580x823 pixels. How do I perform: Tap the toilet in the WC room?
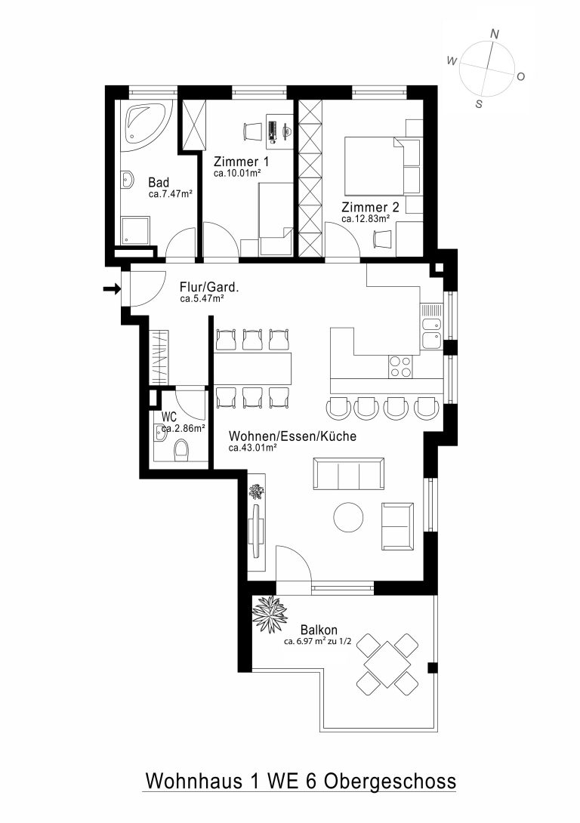click(181, 451)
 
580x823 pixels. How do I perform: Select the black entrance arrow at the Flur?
click(112, 288)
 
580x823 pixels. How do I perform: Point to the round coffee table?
click(348, 517)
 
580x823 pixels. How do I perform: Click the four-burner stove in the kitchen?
click(400, 366)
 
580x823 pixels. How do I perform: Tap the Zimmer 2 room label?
click(370, 207)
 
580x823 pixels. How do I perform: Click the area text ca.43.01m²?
click(252, 448)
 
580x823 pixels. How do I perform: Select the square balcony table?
click(387, 664)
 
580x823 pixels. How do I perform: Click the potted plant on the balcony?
click(270, 614)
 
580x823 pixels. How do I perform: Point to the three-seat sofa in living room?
click(348, 474)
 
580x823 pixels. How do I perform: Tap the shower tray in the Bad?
click(135, 231)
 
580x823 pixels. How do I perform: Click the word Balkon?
click(319, 630)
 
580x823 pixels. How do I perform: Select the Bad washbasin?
click(128, 180)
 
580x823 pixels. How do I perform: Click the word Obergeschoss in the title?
click(389, 781)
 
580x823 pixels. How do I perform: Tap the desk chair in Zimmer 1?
click(252, 131)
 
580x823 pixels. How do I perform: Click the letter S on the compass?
click(479, 104)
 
